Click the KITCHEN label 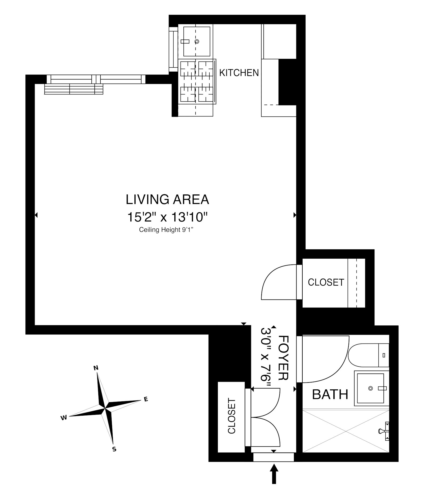239,73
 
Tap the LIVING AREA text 167,200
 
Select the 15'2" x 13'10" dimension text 167,217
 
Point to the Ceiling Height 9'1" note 166,230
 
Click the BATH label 330,394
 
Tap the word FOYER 283,358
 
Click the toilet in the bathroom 368,355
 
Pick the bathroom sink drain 370,388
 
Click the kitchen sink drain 197,41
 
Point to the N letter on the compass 96,368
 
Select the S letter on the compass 114,449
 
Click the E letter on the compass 146,399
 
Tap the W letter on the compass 64,418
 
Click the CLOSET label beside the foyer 231,416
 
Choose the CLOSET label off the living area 326,282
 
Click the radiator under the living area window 73,89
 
